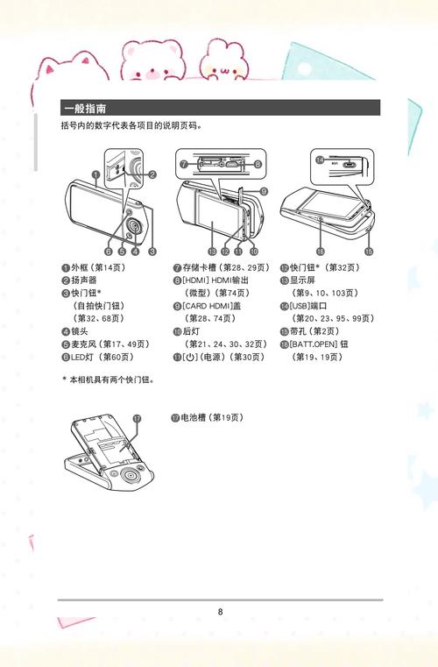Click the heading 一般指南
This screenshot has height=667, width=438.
(x=85, y=109)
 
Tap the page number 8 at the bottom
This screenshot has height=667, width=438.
(x=221, y=611)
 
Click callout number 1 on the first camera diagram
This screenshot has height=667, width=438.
(x=93, y=174)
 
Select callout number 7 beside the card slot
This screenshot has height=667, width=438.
(x=183, y=164)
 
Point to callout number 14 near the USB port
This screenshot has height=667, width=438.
(x=320, y=161)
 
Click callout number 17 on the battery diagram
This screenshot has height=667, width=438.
(x=136, y=419)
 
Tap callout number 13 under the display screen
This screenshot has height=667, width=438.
(x=211, y=251)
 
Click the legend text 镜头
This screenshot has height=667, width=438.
(x=81, y=331)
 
